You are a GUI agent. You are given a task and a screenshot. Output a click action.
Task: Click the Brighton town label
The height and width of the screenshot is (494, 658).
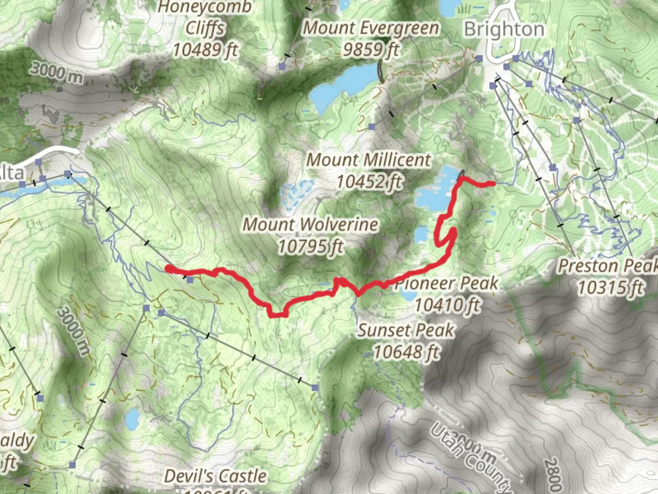(x=504, y=29)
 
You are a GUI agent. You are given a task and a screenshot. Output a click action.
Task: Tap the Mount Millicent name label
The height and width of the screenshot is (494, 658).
(x=368, y=160)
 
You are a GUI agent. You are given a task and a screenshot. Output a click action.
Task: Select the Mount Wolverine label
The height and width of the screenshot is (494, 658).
(x=310, y=225)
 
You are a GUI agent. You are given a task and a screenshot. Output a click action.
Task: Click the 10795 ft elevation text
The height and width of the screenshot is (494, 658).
(x=311, y=247)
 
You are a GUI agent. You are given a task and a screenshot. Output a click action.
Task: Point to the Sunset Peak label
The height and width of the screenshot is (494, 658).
(x=406, y=330)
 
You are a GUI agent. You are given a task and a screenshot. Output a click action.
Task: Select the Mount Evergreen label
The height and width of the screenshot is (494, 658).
(x=371, y=28)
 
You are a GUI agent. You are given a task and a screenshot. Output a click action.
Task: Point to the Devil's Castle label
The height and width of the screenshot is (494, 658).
(x=215, y=476)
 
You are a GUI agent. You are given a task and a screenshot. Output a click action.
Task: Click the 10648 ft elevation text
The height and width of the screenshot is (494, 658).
(x=406, y=352)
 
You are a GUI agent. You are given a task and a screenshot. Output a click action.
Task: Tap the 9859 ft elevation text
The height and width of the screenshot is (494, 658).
(x=371, y=49)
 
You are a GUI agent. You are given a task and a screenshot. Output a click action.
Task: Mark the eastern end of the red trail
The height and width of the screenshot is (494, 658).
(x=493, y=184)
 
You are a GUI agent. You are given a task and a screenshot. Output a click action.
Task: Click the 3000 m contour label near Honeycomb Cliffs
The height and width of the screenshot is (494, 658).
(x=57, y=73)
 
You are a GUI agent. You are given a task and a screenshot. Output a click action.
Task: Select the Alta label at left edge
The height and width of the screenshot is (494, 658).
(x=11, y=173)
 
